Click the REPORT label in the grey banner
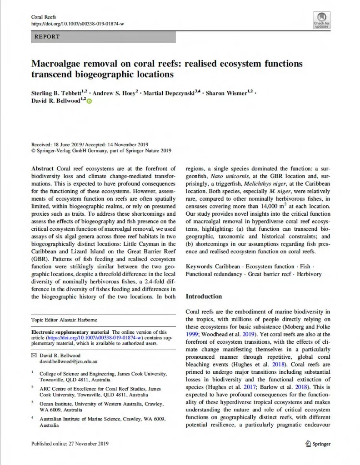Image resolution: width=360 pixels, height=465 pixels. tap(47, 36)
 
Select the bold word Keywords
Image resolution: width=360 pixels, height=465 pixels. tap(199, 267)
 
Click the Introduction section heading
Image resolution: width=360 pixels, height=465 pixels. tap(204, 297)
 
